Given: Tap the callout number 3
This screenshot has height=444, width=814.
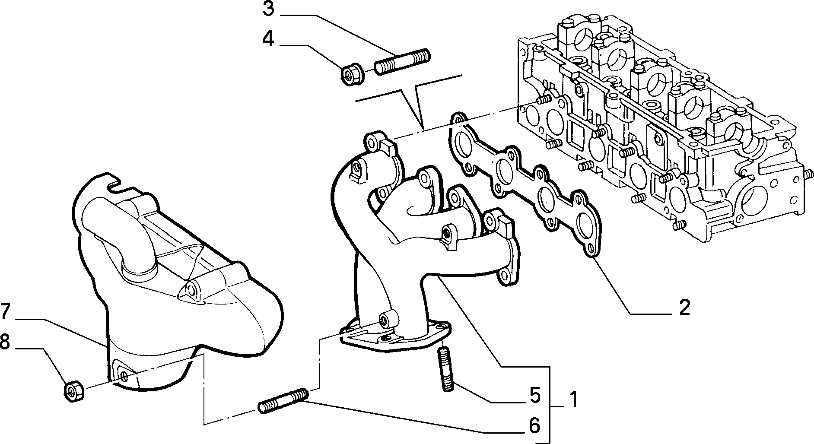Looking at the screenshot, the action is click(268, 9).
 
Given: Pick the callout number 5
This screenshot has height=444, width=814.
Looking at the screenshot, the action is click(535, 395).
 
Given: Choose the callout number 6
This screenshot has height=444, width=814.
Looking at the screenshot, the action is click(534, 426).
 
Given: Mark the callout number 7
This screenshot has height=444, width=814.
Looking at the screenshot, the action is click(5, 312).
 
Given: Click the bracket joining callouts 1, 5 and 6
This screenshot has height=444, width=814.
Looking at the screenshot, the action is click(550, 406).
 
